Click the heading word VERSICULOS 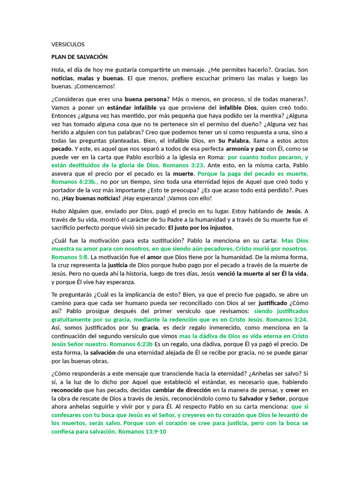click(x=68, y=45)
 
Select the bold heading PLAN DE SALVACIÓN click(x=79, y=57)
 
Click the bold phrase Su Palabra click(x=234, y=141)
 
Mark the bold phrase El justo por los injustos click(x=201, y=228)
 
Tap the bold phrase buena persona click(x=146, y=99)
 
